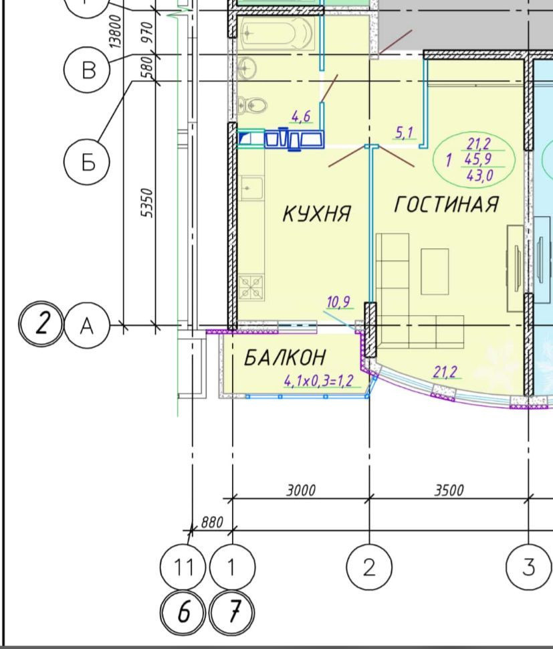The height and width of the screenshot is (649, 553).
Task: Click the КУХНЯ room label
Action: pos(317,213)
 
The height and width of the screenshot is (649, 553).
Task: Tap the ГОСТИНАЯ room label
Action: pos(447,204)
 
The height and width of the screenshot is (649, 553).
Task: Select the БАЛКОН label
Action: pos(285,357)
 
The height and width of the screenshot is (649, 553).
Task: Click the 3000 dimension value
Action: pos(301,490)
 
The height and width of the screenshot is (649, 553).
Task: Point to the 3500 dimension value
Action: pos(449,490)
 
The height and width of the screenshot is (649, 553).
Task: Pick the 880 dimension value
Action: pos(212,523)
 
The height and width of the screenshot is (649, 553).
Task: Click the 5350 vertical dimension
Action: pos(147,203)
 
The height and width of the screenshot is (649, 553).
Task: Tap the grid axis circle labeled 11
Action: pos(183,567)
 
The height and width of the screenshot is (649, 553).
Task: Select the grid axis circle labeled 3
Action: pos(529,567)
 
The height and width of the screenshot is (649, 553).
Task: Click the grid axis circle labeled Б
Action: pos(87,161)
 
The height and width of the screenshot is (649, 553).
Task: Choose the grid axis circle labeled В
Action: pos(87,70)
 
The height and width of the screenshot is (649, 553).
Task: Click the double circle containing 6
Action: pos(183,612)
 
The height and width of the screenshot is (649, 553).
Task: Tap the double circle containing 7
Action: pos(233,612)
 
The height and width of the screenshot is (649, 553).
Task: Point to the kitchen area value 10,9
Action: pos(338,302)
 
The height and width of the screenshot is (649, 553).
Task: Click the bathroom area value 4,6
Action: pos(301,116)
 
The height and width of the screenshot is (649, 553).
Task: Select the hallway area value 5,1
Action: pos(404,132)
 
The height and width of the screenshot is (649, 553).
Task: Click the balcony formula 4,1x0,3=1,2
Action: pos(318,381)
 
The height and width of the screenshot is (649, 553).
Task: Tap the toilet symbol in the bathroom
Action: pos(253,106)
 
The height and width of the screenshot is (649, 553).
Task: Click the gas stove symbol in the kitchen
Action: pos(251,287)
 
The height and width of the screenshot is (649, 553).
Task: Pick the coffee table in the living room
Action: pos(435,272)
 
